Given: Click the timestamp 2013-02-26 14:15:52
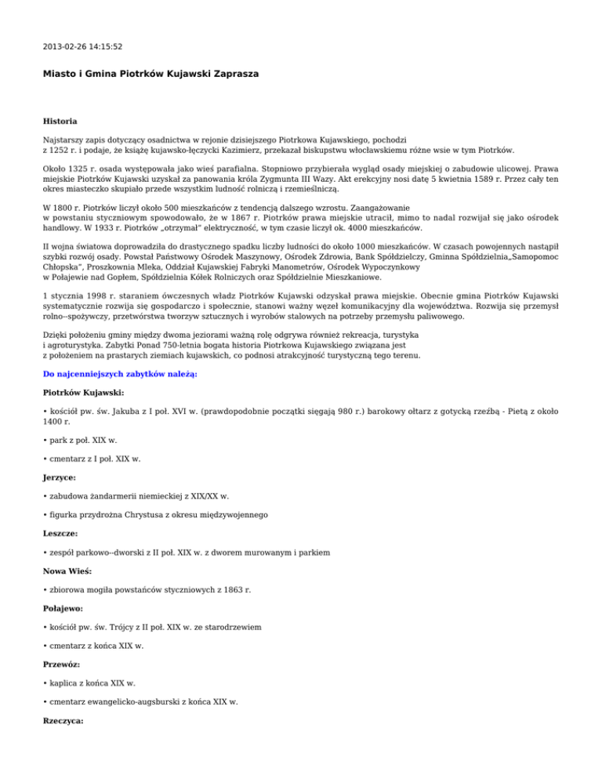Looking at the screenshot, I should point(82,46).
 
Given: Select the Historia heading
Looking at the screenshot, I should point(60,121).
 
